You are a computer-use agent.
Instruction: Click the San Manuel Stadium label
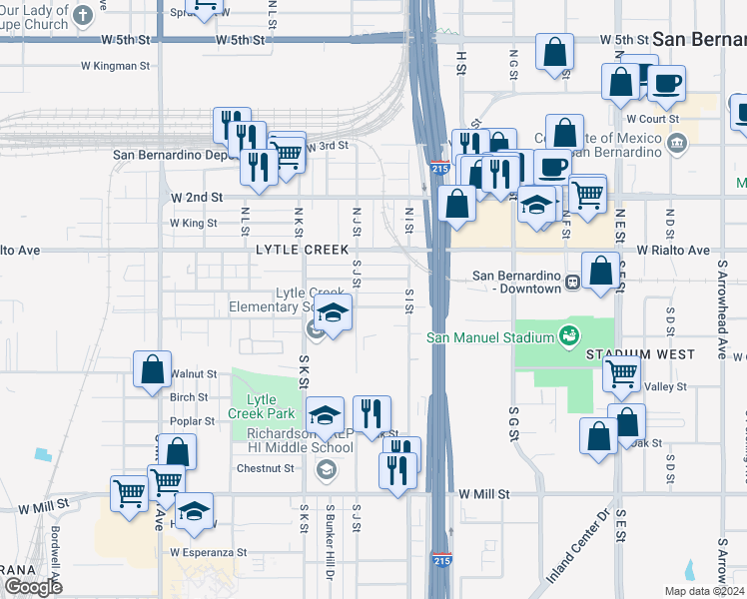click(x=490, y=337)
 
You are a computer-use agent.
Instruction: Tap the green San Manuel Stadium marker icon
click(x=569, y=334)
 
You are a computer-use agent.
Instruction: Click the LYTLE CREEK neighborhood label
click(x=303, y=250)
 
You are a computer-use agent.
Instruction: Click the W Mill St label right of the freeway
click(x=484, y=494)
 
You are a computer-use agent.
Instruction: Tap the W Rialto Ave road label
click(x=672, y=250)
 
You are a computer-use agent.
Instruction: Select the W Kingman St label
click(x=115, y=66)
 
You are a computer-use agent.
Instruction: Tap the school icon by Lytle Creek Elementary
click(x=334, y=313)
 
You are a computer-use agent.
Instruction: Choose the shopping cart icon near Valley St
click(x=621, y=374)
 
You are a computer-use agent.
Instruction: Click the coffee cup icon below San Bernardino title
click(x=666, y=83)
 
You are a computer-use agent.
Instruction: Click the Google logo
click(x=33, y=587)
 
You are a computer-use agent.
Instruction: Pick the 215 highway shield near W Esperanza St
click(x=441, y=560)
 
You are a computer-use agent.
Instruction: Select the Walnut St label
click(x=194, y=374)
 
